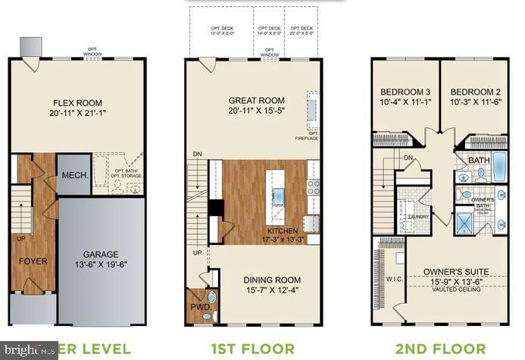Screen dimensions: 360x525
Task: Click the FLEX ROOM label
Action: [x=77, y=103]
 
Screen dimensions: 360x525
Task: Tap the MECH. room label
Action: [x=73, y=174]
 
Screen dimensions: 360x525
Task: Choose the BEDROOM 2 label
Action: [x=475, y=92]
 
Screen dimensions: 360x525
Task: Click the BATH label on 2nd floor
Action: [x=479, y=161]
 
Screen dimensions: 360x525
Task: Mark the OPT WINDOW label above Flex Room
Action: [x=94, y=53]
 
